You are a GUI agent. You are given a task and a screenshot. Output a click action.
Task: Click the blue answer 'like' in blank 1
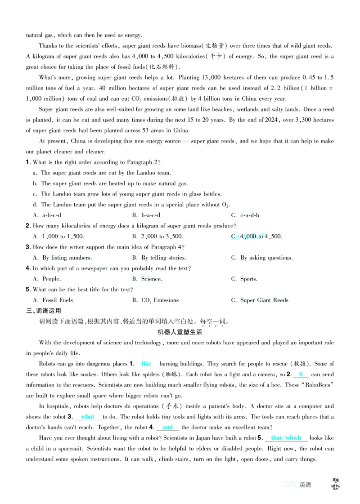(x=146, y=363)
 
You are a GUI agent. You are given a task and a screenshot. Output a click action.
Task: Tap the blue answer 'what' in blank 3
(x=87, y=417)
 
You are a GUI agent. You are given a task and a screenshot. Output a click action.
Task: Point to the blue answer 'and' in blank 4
(x=167, y=427)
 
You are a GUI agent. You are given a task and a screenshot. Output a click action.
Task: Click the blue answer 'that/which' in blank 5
(x=286, y=438)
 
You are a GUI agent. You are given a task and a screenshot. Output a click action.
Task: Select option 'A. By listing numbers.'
(x=63, y=258)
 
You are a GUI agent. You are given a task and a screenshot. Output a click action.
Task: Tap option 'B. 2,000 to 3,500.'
(x=157, y=236)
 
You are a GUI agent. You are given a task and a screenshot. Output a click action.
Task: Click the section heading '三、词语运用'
(x=44, y=311)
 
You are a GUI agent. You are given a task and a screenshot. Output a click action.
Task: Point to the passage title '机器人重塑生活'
(x=180, y=332)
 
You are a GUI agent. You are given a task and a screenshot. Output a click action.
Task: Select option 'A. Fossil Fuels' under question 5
(x=53, y=300)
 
